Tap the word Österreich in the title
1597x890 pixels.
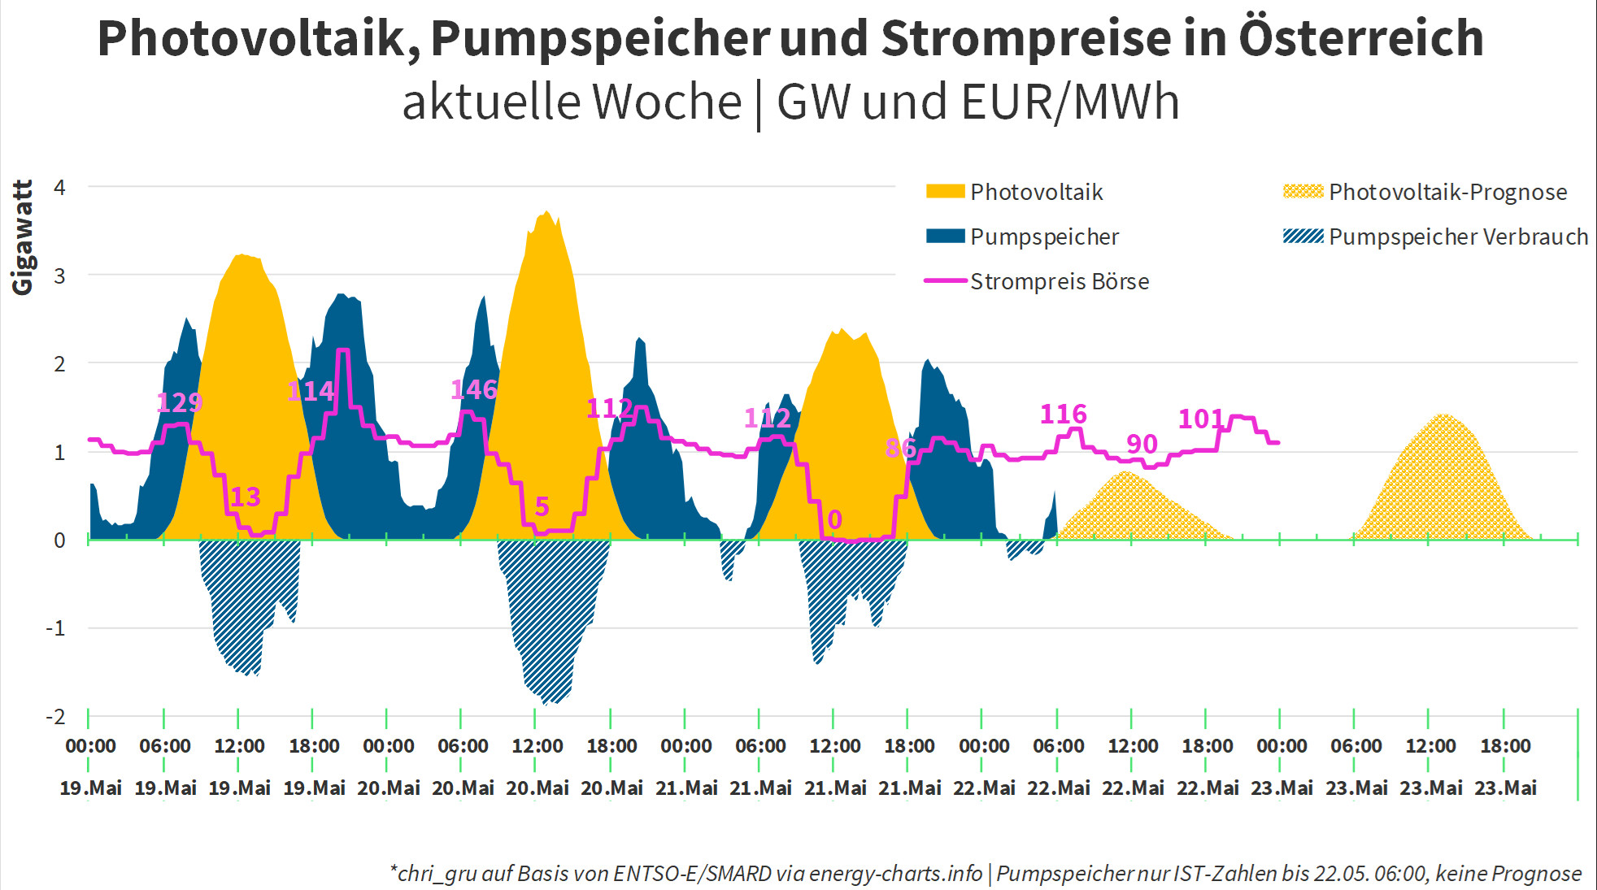1360,38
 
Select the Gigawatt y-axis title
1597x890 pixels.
23,237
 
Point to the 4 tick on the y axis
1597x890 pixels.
59,188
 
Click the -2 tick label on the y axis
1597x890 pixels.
55,717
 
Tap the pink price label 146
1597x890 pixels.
473,389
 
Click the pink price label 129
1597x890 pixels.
179,402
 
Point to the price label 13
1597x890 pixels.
245,497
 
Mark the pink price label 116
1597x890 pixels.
1063,415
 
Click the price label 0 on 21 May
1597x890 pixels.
834,519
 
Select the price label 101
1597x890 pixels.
1201,419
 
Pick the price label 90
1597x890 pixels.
1142,444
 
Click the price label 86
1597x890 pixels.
900,448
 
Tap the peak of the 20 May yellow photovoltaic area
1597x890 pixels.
546,213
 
